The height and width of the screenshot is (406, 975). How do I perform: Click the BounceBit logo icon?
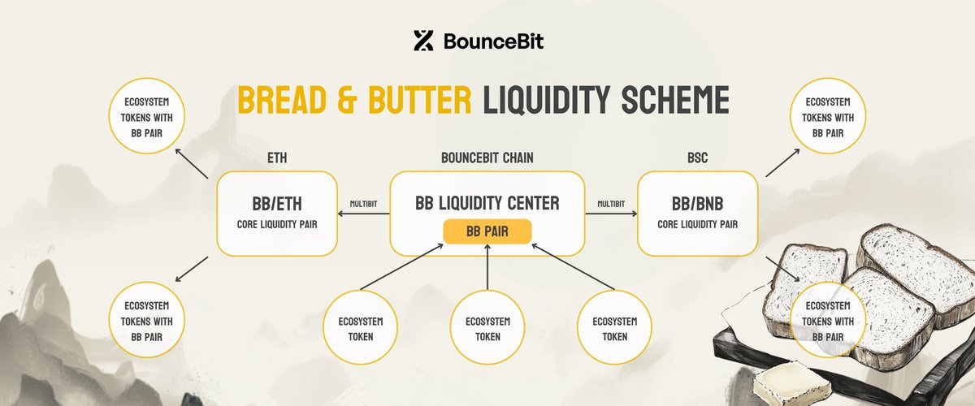click(423, 41)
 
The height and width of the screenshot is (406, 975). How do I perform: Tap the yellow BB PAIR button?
click(487, 231)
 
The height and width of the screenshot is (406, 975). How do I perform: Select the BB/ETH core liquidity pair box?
click(277, 214)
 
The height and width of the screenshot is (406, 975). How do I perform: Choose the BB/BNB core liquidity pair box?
click(697, 214)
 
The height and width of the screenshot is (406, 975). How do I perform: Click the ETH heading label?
click(277, 158)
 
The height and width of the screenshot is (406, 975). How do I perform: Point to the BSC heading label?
click(697, 158)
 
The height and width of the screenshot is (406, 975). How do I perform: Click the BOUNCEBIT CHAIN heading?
click(487, 158)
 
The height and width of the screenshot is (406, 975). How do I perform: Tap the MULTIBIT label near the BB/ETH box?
click(363, 204)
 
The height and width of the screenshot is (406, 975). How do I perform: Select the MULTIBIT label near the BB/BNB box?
click(611, 204)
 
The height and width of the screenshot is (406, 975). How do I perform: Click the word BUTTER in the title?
click(419, 100)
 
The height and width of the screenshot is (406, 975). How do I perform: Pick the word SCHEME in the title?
click(675, 100)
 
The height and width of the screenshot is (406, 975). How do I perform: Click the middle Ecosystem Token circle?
click(487, 327)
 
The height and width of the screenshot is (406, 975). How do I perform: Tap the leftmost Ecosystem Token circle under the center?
click(361, 327)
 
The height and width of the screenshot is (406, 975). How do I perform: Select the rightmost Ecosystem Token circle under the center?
click(614, 327)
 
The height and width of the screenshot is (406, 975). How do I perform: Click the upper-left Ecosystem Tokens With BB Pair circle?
click(147, 116)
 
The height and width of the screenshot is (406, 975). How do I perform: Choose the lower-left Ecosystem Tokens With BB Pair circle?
click(147, 320)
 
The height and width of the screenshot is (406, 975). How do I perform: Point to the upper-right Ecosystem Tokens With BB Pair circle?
click(828, 116)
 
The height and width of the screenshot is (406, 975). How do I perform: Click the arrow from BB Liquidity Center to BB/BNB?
click(611, 214)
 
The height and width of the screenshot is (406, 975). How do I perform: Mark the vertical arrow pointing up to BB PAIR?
click(487, 267)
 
